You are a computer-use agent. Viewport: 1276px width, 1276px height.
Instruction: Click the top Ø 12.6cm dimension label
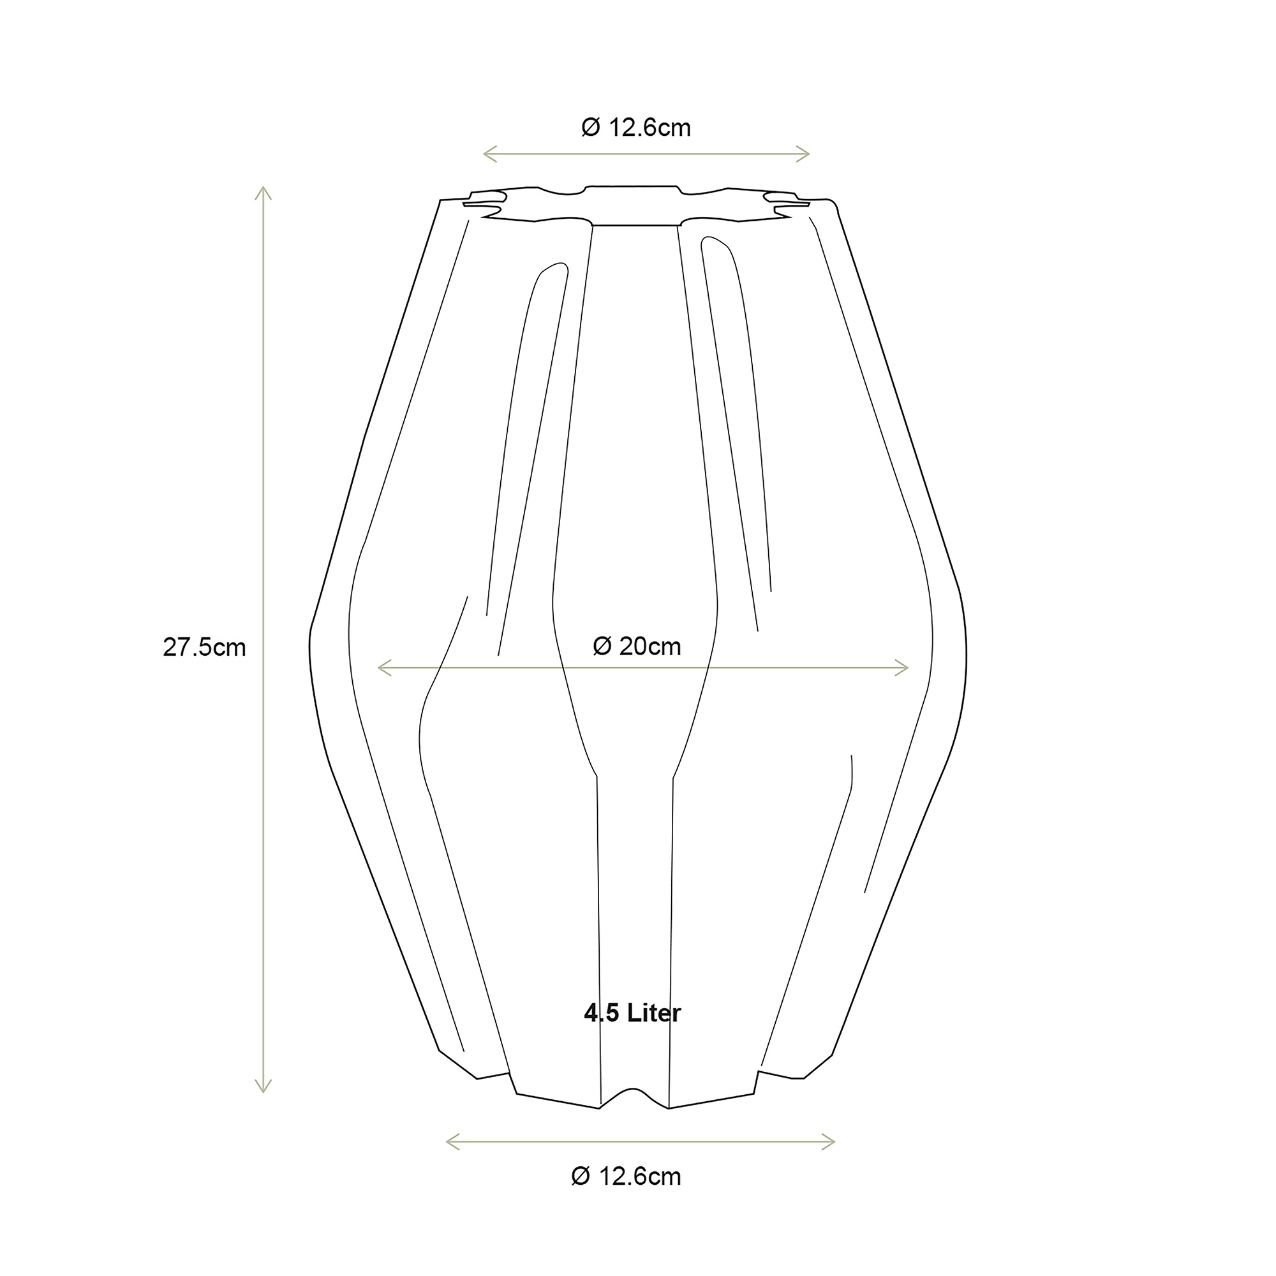point(635,127)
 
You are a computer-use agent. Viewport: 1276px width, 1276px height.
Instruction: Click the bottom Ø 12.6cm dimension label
point(625,1176)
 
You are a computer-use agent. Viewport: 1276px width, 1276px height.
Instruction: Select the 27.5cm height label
point(204,647)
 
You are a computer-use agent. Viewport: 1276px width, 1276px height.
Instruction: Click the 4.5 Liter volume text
point(632,1013)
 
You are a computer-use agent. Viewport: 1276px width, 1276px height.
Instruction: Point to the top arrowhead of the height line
point(263,191)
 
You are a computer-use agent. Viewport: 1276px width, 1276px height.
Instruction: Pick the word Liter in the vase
point(654,1013)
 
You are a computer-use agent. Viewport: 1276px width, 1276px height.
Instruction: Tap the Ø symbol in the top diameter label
point(590,127)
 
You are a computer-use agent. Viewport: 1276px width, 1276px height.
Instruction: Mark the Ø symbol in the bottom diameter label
point(580,1176)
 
